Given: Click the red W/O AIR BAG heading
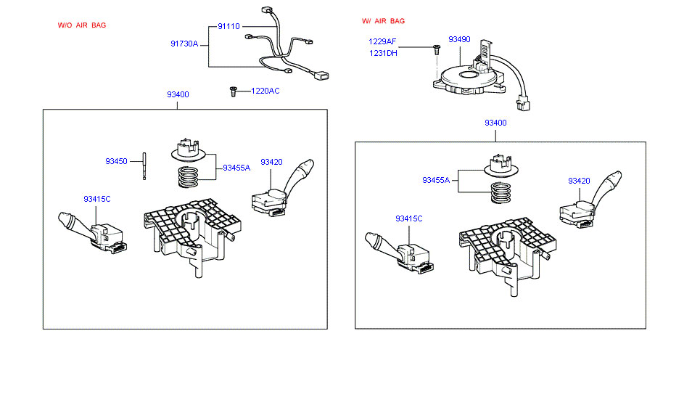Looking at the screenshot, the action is point(82,25).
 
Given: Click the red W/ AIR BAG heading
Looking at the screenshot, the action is point(383,21).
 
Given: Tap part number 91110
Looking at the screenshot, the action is point(228,27).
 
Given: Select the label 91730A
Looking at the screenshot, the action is point(184,44).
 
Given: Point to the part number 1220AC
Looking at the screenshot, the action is point(265,91).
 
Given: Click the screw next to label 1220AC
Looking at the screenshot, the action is point(234,91).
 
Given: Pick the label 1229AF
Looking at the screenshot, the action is point(382,41).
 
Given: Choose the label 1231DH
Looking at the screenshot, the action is point(383,53).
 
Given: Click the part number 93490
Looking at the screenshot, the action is point(459,39).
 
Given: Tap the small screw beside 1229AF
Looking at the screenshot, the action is point(437,49).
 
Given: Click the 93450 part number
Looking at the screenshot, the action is point(116,161).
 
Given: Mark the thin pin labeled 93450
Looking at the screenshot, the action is point(144,166).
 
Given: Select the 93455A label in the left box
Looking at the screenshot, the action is point(236,168).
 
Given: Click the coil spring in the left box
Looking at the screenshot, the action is point(189,176).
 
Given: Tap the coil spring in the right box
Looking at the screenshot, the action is point(501,193).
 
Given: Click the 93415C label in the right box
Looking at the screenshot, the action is point(408,218).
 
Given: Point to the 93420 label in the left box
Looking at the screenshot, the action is point(271,162).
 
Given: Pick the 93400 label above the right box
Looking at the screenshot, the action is point(495,123).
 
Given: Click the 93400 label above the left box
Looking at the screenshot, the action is point(178,94).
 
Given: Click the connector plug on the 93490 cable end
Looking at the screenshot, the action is point(523,105).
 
